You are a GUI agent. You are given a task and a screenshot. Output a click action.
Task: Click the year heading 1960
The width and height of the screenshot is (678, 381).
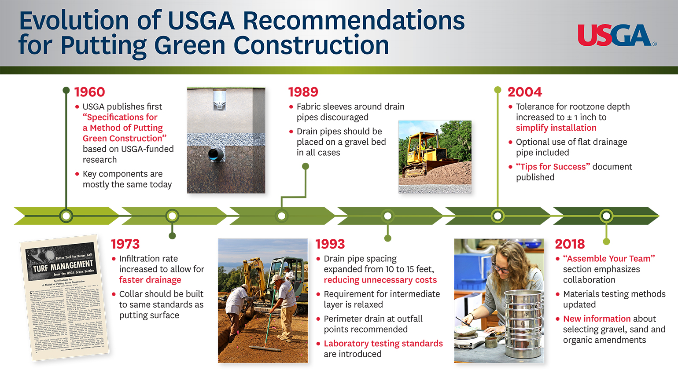coord(89,92)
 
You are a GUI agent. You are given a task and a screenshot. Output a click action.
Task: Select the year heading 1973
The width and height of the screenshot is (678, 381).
coord(125,244)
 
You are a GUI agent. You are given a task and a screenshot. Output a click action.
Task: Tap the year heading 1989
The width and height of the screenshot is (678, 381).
coord(303,92)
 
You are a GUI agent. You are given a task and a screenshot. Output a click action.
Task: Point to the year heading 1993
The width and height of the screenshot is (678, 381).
coord(330,244)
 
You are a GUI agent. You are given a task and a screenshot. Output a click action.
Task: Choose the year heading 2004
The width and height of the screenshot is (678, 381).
coord(524,92)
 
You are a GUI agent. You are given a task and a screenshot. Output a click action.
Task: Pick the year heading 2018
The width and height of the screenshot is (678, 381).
coord(570,244)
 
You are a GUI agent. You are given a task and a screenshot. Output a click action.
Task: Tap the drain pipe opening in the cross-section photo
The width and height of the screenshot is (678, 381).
coord(215,154)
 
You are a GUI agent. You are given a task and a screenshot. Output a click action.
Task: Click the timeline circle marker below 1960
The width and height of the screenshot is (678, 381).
coord(66,216)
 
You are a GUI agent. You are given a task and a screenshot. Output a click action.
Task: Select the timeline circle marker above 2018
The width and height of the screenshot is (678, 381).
coord(606,216)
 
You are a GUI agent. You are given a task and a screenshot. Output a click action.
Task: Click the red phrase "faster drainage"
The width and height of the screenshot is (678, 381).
coord(150,280)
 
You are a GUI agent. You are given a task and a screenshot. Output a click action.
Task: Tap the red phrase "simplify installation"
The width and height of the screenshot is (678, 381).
coord(556,128)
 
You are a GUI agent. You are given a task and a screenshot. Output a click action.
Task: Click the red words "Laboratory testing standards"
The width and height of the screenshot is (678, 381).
coord(383,344)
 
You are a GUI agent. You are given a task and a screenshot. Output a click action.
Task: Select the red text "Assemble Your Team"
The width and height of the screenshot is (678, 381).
coord(609,259)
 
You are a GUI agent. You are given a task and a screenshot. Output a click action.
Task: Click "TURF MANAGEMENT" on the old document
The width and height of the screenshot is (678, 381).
coord(63,266)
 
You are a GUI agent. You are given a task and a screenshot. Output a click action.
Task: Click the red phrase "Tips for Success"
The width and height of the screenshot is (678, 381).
coord(553,167)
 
